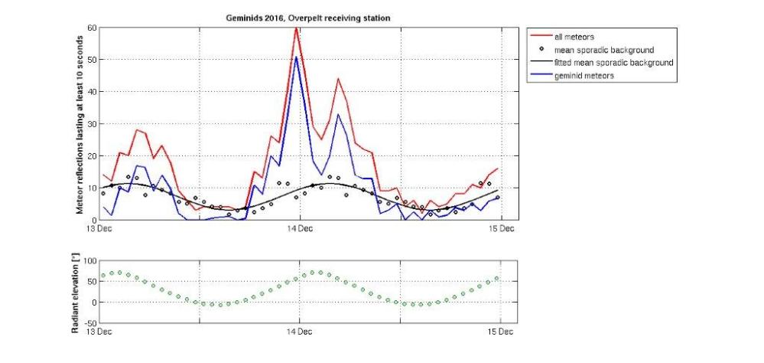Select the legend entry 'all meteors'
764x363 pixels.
click(x=575, y=36)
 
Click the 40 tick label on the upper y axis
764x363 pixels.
click(x=92, y=92)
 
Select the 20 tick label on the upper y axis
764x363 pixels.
click(x=92, y=156)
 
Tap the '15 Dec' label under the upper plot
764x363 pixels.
click(x=501, y=228)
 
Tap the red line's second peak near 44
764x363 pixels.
click(x=338, y=79)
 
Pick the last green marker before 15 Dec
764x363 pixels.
click(x=497, y=278)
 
